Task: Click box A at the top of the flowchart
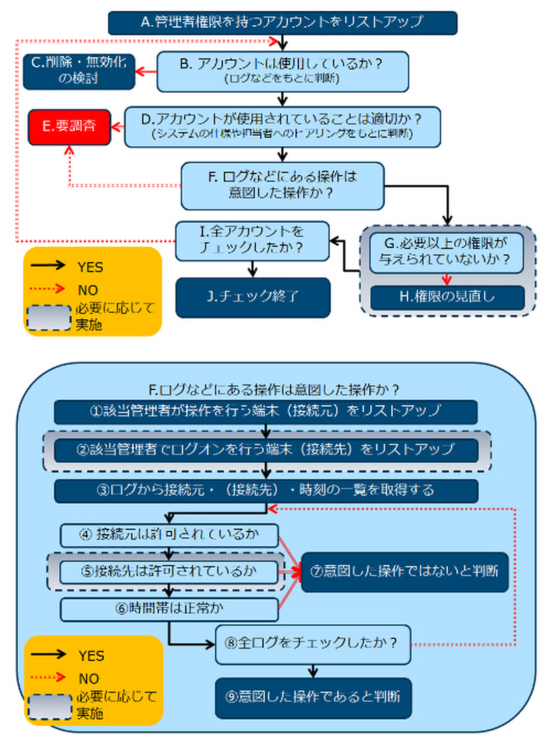[x=282, y=22]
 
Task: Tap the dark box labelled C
[x=78, y=70]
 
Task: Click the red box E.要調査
[x=68, y=126]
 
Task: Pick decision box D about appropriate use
[x=282, y=126]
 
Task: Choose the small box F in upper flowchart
[x=282, y=185]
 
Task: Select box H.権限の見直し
[x=446, y=297]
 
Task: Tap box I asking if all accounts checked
[x=252, y=240]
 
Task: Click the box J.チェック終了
[x=252, y=298]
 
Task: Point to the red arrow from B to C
[x=145, y=71]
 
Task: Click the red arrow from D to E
[x=116, y=127]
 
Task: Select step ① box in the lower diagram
[x=266, y=411]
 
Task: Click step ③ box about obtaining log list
[x=266, y=491]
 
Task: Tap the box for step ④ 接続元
[x=169, y=535]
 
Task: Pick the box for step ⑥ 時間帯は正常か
[x=169, y=608]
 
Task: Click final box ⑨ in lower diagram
[x=312, y=697]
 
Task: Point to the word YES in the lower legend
[x=91, y=656]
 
